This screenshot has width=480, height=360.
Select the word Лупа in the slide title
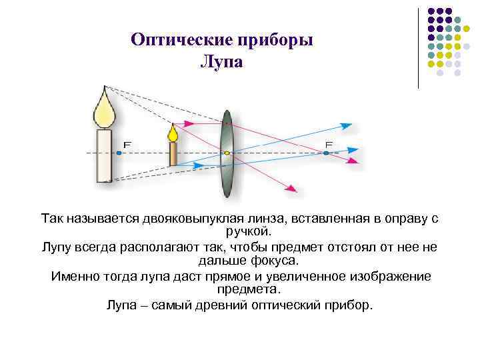[x=222, y=62]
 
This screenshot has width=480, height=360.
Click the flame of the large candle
[x=104, y=110]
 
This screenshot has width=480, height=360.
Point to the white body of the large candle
[x=104, y=155]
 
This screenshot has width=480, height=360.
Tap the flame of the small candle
[x=173, y=133]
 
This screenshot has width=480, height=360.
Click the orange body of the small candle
[x=173, y=153]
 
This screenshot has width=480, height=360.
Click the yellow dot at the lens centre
[x=227, y=153]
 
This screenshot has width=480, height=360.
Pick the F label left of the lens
[x=127, y=143]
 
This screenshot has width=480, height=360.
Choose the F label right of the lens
[x=329, y=144]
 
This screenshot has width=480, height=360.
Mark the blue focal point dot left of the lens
[x=119, y=153]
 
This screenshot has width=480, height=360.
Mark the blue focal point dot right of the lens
[x=326, y=153]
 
